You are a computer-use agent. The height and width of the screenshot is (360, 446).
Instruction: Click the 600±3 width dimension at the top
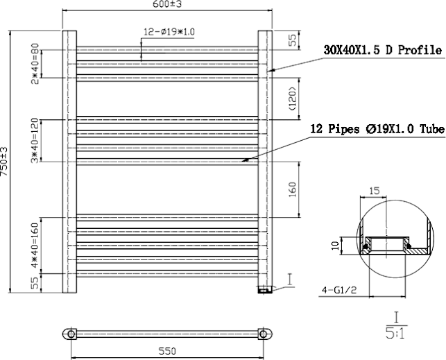pos(167,4)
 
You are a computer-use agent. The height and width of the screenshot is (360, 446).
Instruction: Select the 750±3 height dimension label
pos(4,161)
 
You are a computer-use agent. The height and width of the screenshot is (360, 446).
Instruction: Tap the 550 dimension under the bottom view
pos(167,351)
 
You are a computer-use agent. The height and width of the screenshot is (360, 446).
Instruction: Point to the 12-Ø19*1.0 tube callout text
pos(169,32)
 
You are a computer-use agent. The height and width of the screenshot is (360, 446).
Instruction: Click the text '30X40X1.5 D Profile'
pos(383,50)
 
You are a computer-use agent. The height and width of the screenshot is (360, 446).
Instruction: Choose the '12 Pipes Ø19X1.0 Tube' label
pos(377,129)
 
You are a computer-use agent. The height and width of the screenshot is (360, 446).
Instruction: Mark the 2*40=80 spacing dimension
pos(35,63)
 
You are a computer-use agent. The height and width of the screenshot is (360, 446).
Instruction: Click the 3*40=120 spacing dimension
pos(35,141)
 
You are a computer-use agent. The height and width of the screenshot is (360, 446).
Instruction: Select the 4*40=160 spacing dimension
pos(35,245)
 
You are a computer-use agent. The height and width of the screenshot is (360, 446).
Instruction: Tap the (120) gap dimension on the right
pos(293,98)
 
